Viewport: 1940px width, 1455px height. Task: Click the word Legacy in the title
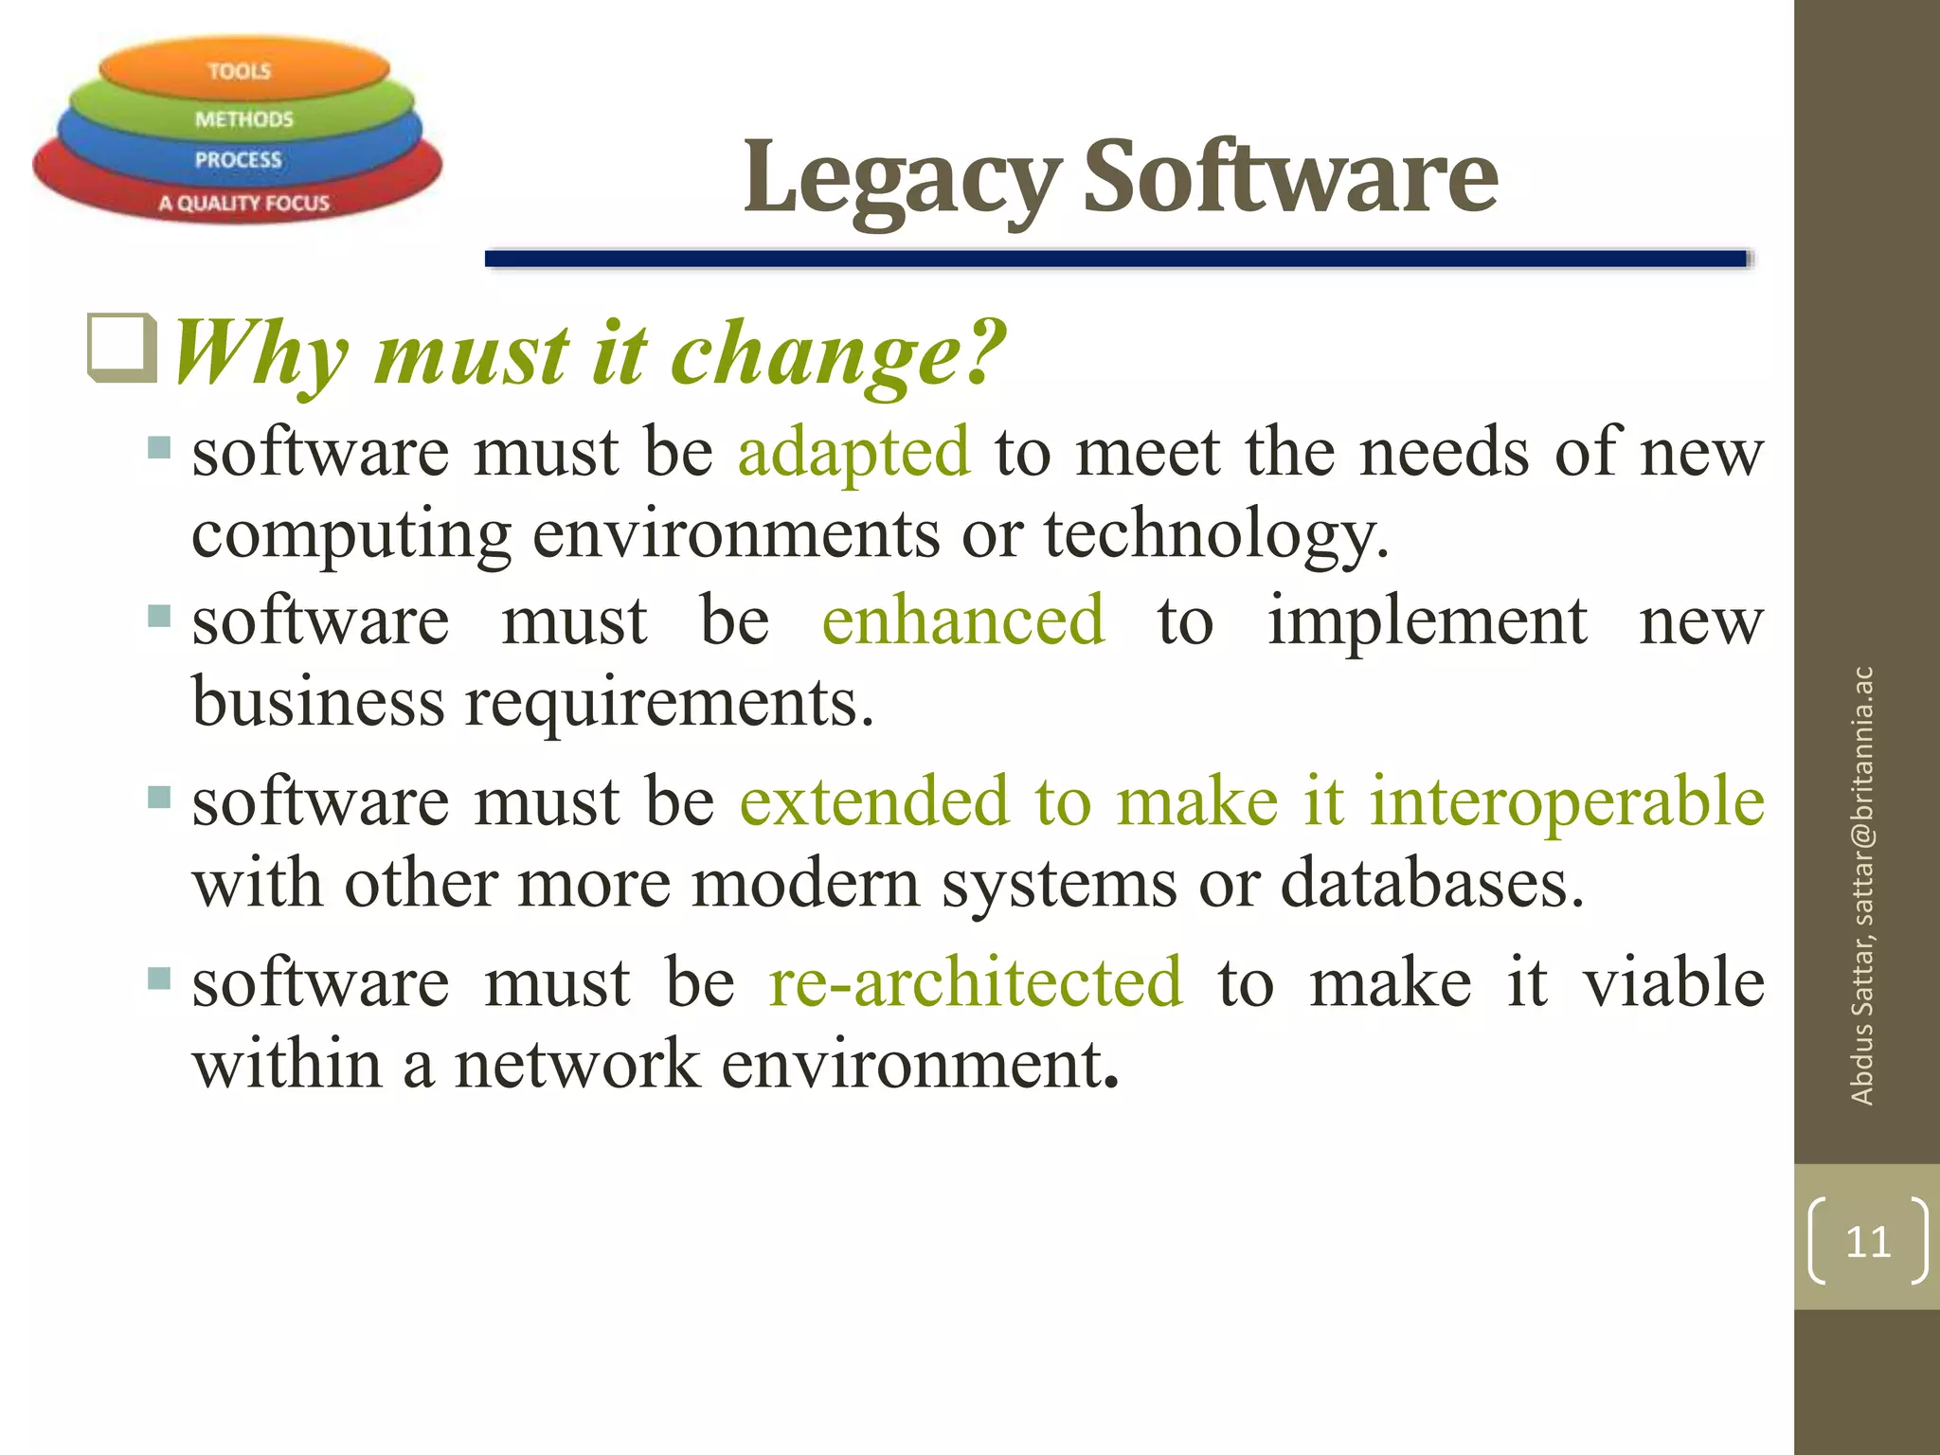[x=901, y=177]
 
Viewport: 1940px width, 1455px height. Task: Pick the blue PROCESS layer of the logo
[x=238, y=159]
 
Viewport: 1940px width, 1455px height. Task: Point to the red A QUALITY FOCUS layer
[x=243, y=203]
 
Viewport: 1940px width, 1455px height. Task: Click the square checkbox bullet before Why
[x=121, y=348]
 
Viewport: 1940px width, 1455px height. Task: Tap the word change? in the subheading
[x=838, y=353]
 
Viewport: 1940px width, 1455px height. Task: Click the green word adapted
[x=853, y=452]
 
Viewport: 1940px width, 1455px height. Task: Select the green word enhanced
[x=962, y=620]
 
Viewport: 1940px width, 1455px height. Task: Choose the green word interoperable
[x=1567, y=801]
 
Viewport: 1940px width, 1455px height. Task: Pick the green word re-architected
[x=976, y=981]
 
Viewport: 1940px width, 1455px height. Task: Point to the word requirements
[x=669, y=704]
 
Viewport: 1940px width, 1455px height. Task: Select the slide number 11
[x=1867, y=1241]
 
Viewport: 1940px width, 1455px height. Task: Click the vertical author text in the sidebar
[x=1862, y=887]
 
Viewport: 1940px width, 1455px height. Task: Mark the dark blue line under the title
[x=1115, y=259]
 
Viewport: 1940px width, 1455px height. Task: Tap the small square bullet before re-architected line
[x=159, y=978]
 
